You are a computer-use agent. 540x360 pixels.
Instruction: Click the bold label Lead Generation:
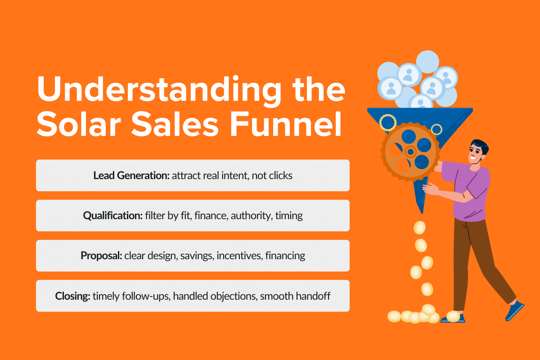click(x=131, y=175)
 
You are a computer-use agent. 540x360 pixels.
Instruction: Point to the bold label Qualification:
click(x=112, y=216)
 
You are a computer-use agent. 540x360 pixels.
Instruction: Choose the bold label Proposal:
click(x=101, y=256)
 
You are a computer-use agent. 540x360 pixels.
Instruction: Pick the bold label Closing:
click(x=72, y=296)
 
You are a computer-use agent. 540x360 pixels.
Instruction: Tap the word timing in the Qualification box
click(x=289, y=216)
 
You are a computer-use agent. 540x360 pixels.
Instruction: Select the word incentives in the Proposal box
click(x=239, y=256)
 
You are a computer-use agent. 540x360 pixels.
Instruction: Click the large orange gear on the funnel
click(x=409, y=151)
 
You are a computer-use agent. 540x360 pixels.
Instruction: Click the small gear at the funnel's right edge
click(x=436, y=130)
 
